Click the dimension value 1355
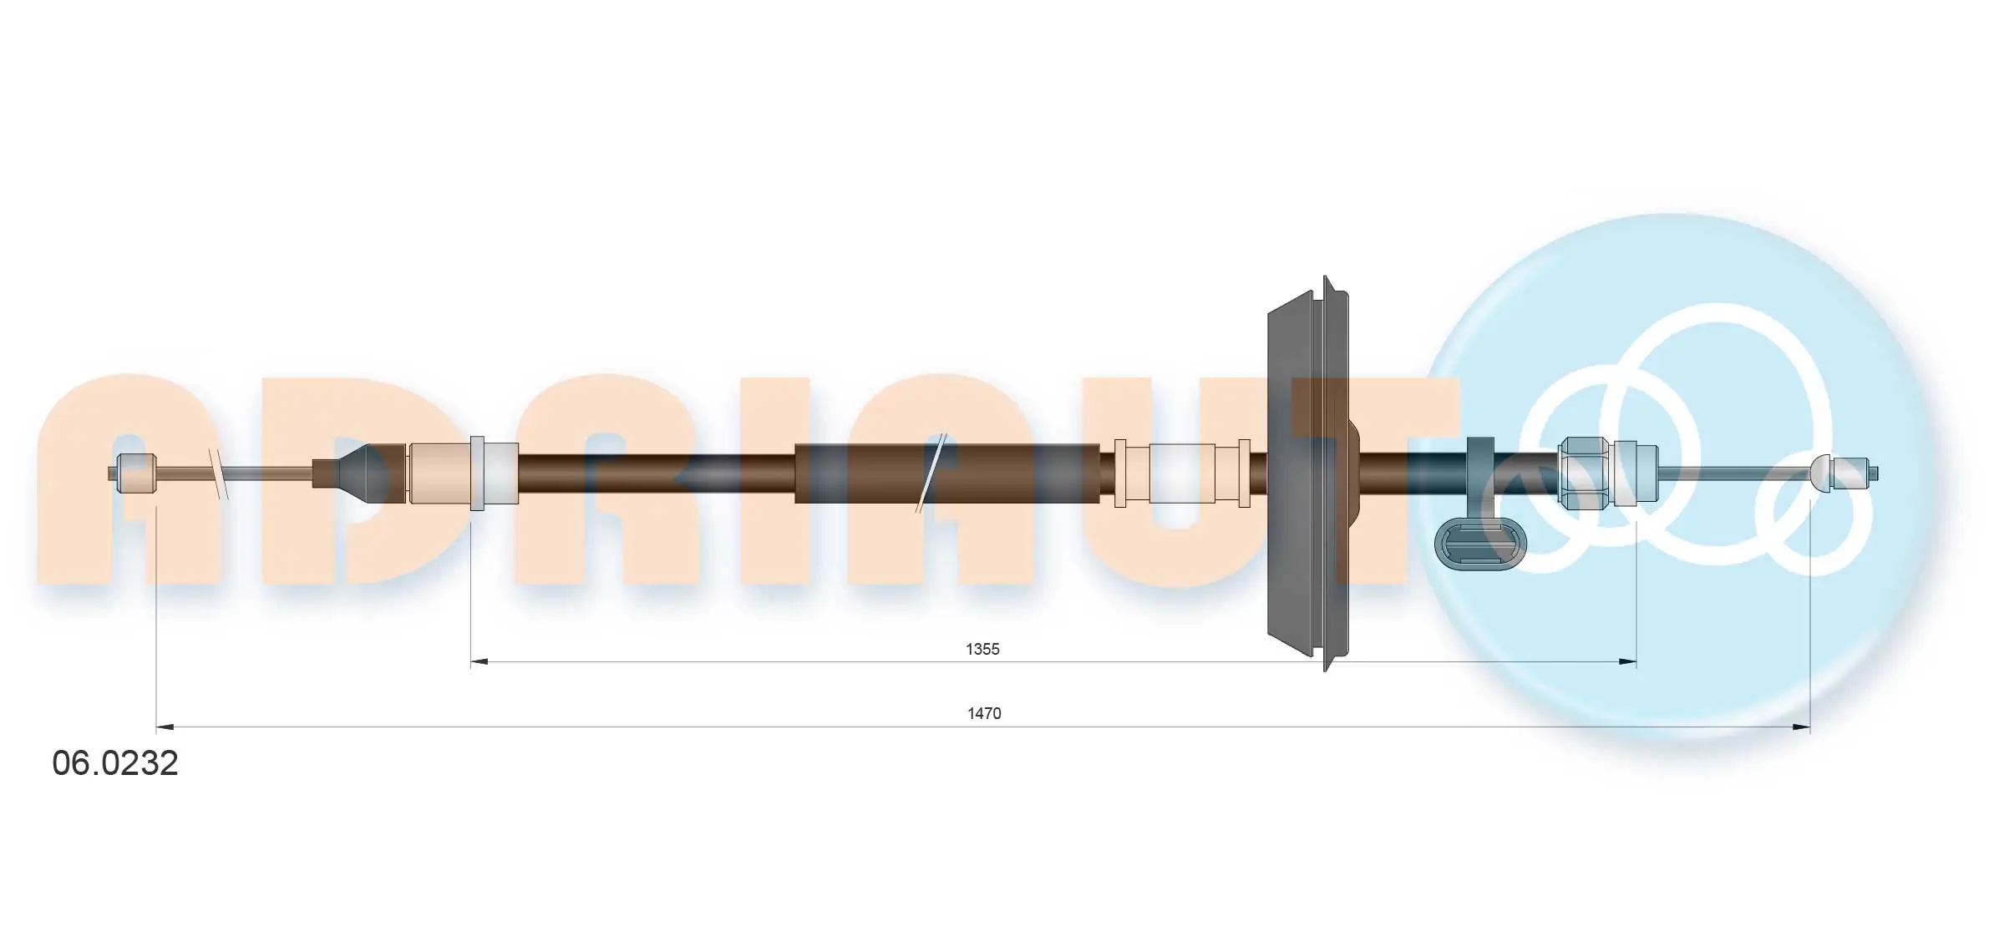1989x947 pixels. tap(982, 649)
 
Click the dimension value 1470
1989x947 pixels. tap(984, 713)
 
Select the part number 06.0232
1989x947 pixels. tap(115, 763)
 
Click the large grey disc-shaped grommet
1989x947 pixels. tap(1308, 473)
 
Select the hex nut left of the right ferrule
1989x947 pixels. tap(1584, 473)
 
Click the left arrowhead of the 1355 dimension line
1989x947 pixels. tap(479, 662)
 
